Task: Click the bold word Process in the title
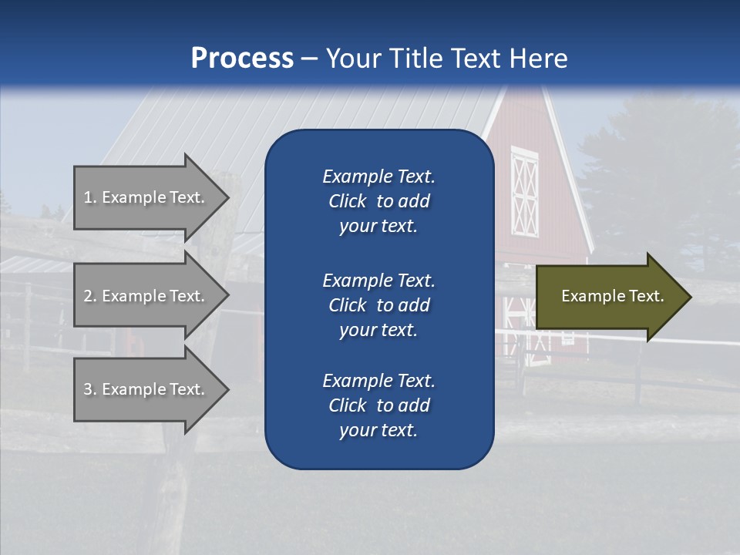click(242, 59)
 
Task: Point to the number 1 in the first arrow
click(88, 197)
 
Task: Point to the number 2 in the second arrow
click(88, 296)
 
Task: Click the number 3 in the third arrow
click(88, 389)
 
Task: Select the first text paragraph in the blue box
click(378, 201)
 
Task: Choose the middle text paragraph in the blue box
click(378, 304)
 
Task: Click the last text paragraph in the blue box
click(378, 405)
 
